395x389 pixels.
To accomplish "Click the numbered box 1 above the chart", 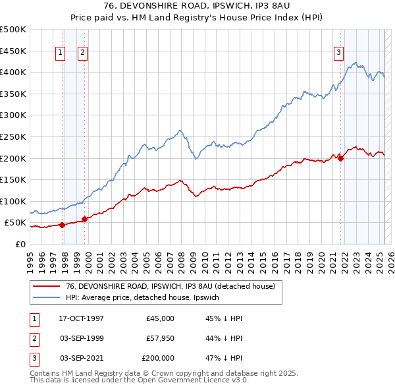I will (x=60, y=53).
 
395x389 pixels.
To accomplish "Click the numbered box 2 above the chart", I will (x=83, y=53).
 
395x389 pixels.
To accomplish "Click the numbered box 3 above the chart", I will (x=338, y=53).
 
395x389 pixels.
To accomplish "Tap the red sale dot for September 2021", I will (x=341, y=158).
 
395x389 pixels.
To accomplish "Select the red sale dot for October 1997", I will (x=62, y=225).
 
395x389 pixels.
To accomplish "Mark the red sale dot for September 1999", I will (x=84, y=219).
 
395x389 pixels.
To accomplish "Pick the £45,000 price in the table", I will (x=161, y=318).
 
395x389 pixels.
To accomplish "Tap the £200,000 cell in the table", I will (x=158, y=358).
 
